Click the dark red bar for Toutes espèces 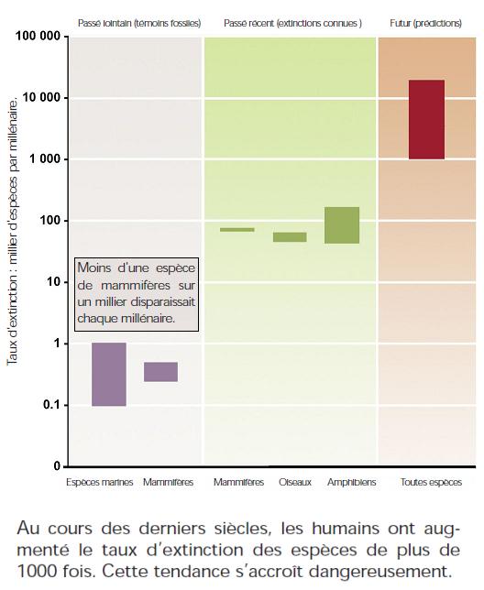[x=426, y=119]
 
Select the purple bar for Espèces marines [x=109, y=375]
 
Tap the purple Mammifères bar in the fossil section [x=160, y=372]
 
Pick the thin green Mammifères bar [x=237, y=230]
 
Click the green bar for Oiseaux [x=290, y=237]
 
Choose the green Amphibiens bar [x=342, y=225]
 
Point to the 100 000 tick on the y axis [x=38, y=36]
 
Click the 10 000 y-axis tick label [x=41, y=97]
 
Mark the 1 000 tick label [x=45, y=159]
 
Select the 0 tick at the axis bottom [x=57, y=466]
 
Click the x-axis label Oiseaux [x=295, y=482]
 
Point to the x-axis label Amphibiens [x=351, y=482]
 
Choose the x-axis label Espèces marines [x=100, y=482]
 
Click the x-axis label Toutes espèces [x=431, y=482]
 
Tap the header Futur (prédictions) [x=425, y=23]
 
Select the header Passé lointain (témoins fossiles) [x=139, y=23]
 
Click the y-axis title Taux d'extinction [x=13, y=320]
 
